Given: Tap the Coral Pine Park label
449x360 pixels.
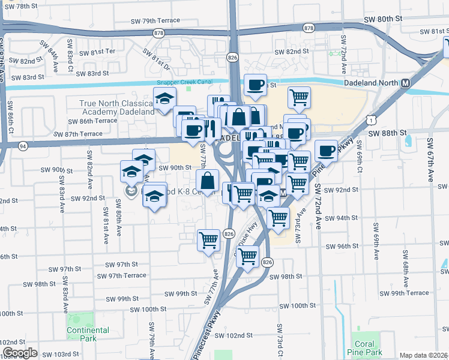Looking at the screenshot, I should point(364,349).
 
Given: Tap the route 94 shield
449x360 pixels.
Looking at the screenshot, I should point(23,145).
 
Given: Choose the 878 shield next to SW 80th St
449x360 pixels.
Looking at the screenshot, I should point(309,28).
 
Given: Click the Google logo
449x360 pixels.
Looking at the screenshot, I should point(20,353).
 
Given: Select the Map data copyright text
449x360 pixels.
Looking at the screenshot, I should point(423,355).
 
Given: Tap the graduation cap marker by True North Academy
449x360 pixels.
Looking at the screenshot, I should point(164,99).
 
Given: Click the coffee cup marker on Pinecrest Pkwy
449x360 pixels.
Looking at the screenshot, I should point(326,150).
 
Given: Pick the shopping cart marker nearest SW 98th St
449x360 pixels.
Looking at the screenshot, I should point(247,256).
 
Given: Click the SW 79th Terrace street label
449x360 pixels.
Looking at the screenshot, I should point(155,20).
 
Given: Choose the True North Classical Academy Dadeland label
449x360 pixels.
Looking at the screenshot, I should point(117,107).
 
